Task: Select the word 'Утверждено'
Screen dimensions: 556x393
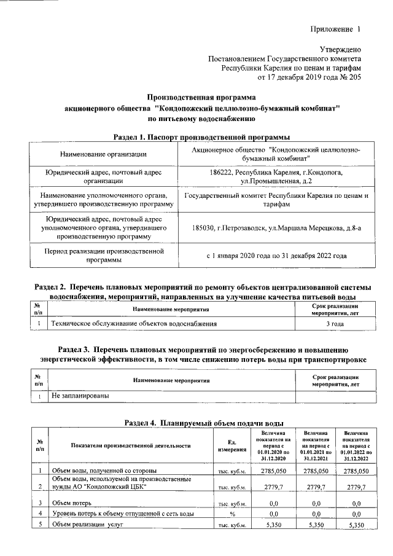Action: (x=340, y=49)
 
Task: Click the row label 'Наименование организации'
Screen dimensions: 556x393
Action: (x=103, y=154)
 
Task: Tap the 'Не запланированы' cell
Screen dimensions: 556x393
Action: (x=80, y=396)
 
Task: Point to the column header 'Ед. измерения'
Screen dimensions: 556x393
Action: (x=227, y=446)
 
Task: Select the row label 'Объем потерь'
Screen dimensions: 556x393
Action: (x=71, y=503)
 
